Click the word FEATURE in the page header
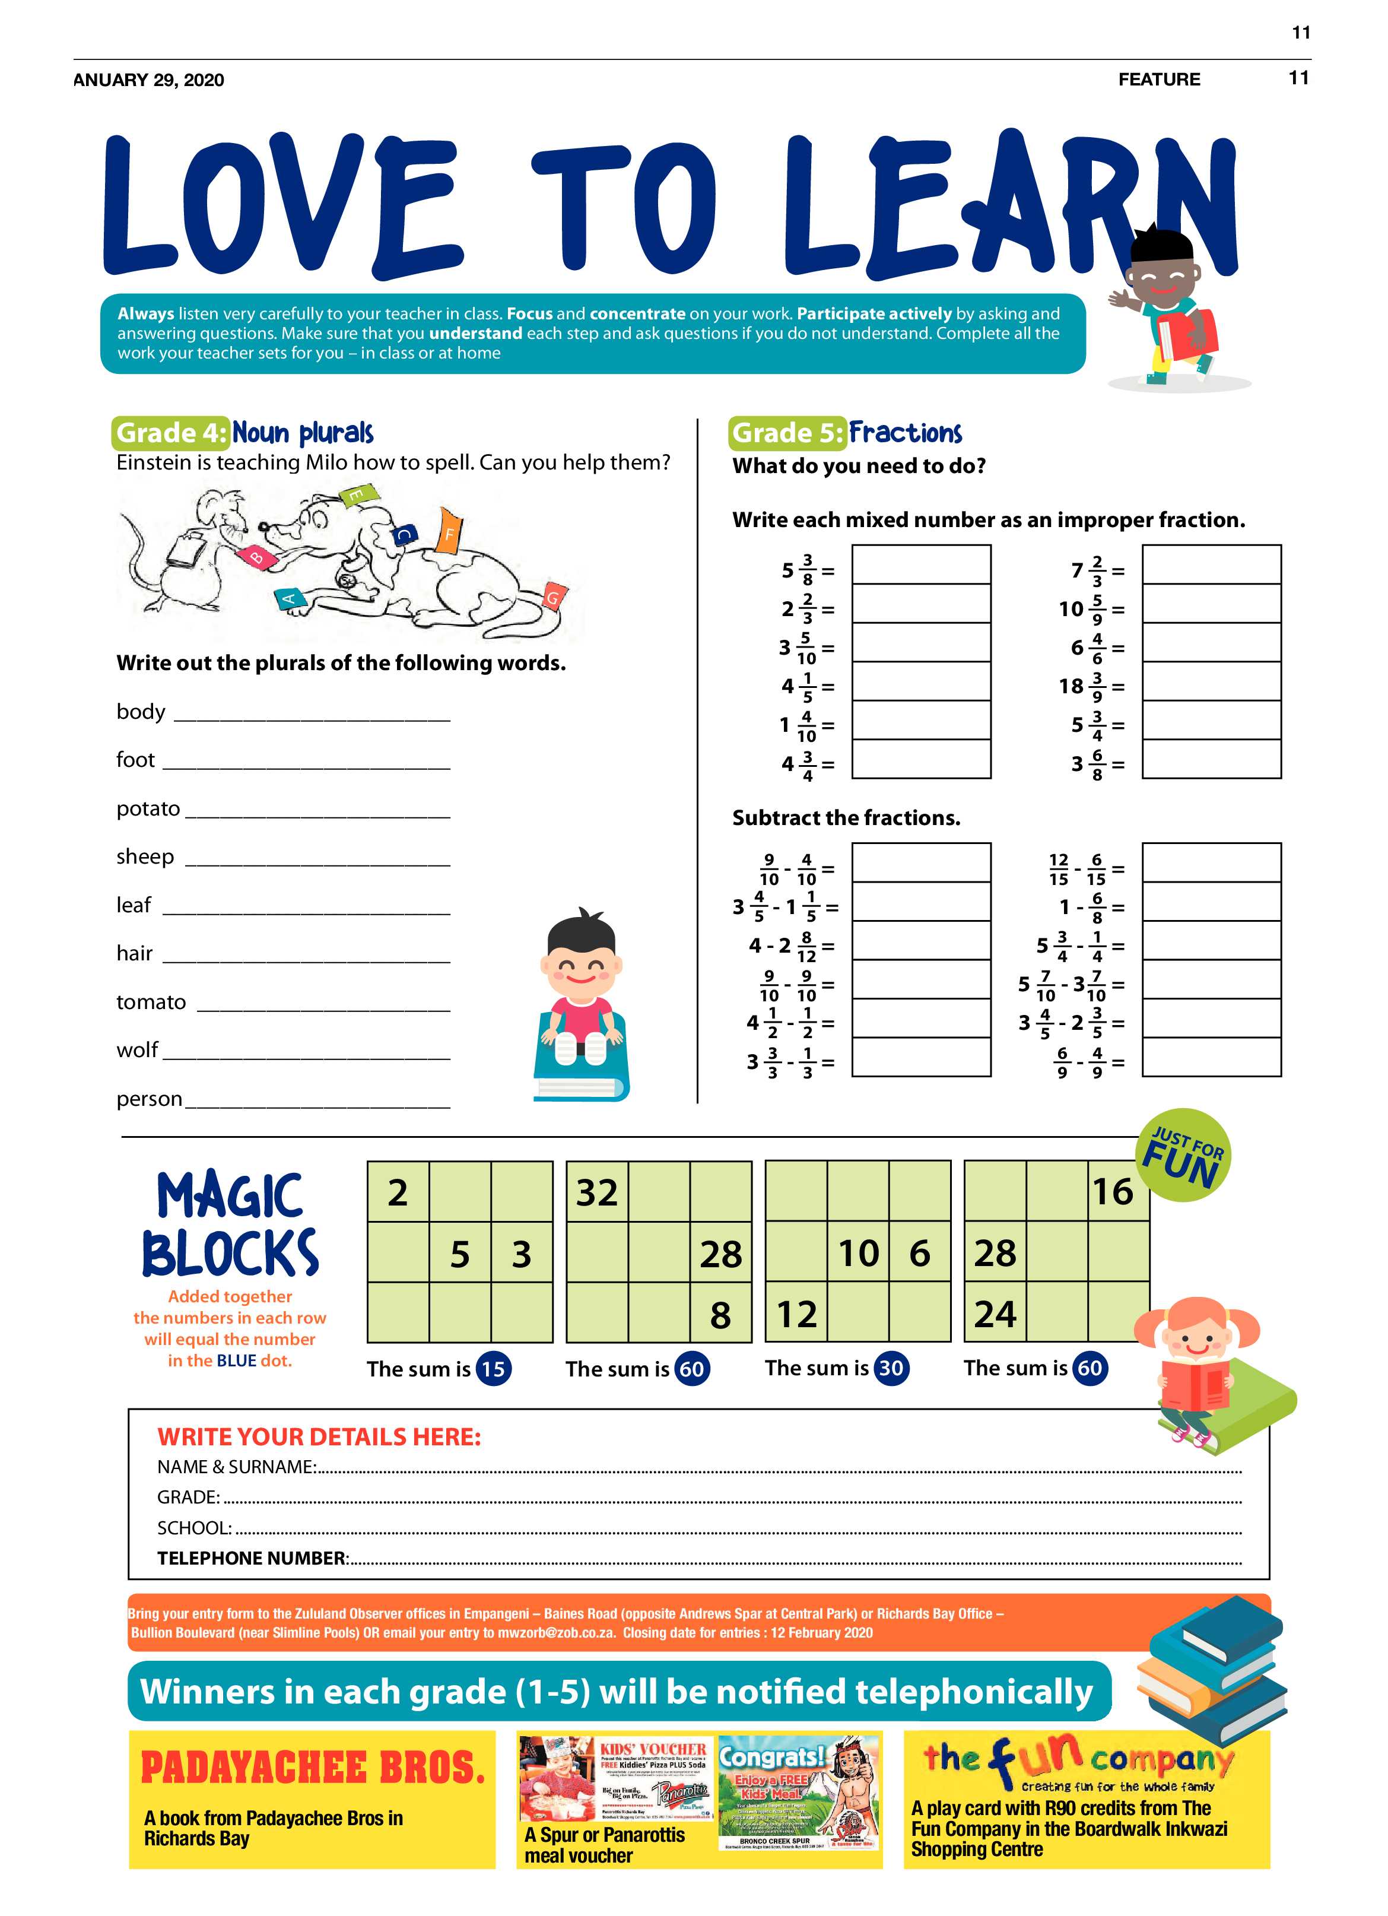point(1158,80)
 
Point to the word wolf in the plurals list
point(137,1049)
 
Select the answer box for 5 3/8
point(921,565)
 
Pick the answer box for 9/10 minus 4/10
point(921,862)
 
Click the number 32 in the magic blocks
point(597,1192)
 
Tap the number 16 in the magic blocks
point(1113,1191)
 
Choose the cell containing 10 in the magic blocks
point(858,1253)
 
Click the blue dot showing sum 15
point(493,1369)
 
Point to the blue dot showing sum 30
point(891,1368)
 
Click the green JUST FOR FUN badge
point(1183,1155)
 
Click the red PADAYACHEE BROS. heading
point(313,1768)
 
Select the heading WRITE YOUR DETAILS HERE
point(319,1437)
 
